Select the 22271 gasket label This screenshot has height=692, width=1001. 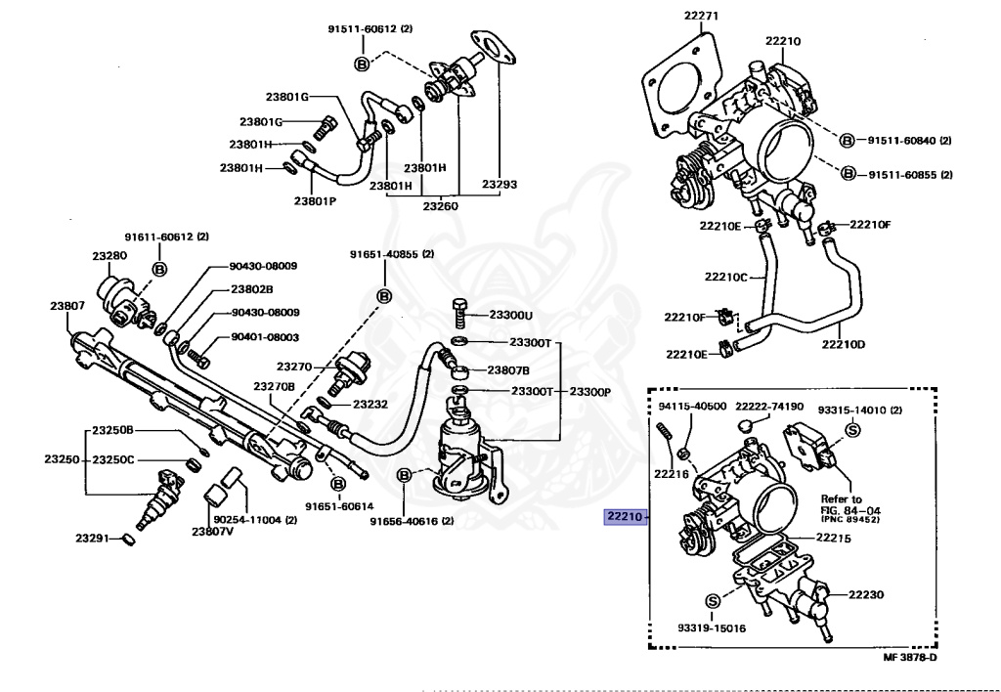[x=701, y=16]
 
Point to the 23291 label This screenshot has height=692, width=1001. [x=94, y=538]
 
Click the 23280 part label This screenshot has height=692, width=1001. [x=109, y=255]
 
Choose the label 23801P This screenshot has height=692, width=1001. [x=315, y=201]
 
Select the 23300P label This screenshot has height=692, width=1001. [x=590, y=391]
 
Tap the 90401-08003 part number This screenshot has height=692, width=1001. [x=265, y=337]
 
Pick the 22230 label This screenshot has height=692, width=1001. [x=865, y=593]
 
